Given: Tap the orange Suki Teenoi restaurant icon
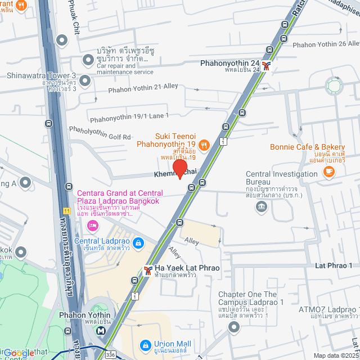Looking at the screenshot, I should pyautogui.click(x=204, y=145).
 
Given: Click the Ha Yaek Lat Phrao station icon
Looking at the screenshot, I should pyautogui.click(x=147, y=271).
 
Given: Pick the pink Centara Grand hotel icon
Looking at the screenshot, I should pyautogui.click(x=92, y=226).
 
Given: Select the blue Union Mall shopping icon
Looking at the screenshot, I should pyautogui.click(x=145, y=344).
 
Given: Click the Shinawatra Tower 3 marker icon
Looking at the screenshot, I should pyautogui.click(x=85, y=81).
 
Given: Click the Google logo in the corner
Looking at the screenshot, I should pyautogui.click(x=19, y=353).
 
